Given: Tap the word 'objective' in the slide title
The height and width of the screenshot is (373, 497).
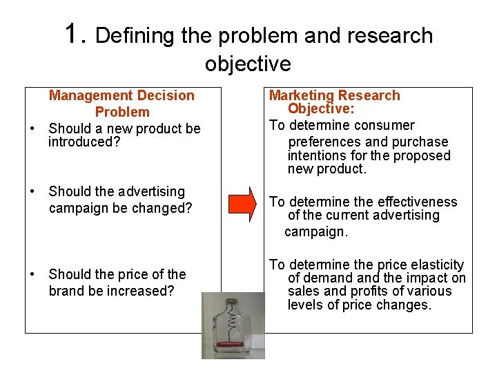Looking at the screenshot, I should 248,64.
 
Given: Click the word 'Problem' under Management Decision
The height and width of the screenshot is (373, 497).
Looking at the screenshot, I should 122,112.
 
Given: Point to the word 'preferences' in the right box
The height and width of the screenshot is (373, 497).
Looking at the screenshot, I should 323,142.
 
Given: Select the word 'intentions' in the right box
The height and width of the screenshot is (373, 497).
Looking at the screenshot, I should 319,155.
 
